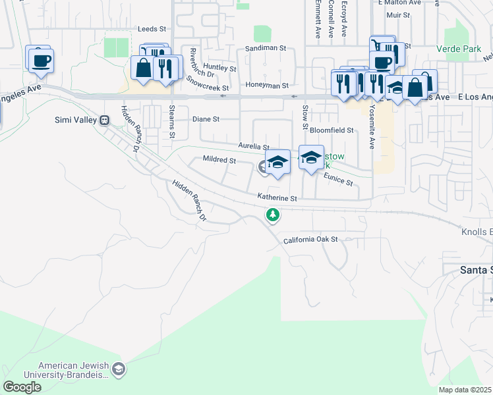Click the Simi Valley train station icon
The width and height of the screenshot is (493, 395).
coord(104,120)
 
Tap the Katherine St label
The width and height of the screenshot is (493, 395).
coord(277,197)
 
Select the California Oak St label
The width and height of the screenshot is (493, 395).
coord(310,240)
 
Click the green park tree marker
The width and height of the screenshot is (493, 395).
coord(272,215)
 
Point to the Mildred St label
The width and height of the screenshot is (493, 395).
coord(219,160)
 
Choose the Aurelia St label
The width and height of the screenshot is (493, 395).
coord(254,147)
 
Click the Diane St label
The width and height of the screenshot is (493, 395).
coord(206,119)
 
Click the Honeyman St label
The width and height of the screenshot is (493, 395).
coord(267,86)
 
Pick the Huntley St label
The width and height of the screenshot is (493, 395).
coord(219,68)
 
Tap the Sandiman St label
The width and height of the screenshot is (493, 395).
coord(266,48)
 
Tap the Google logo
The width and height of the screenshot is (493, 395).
coord(22,386)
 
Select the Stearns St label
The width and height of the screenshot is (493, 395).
coord(172,122)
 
